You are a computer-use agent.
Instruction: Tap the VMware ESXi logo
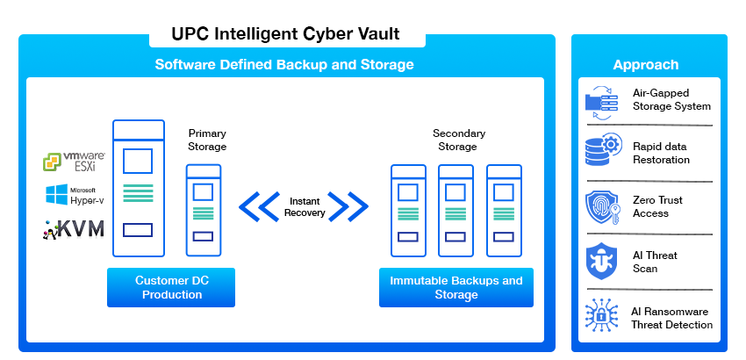(75, 162)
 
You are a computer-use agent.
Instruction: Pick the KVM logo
(74, 230)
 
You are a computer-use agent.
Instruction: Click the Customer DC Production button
(171, 288)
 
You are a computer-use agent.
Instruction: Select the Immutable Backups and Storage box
(455, 288)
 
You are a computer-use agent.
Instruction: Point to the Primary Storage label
(207, 140)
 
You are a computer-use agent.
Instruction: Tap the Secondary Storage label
(458, 140)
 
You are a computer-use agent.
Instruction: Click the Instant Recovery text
(305, 207)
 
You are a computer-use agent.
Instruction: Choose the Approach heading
(645, 65)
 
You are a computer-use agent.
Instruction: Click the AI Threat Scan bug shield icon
(602, 262)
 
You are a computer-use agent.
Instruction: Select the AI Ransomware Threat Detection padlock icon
(602, 316)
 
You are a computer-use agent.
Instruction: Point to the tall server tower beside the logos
(139, 188)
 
